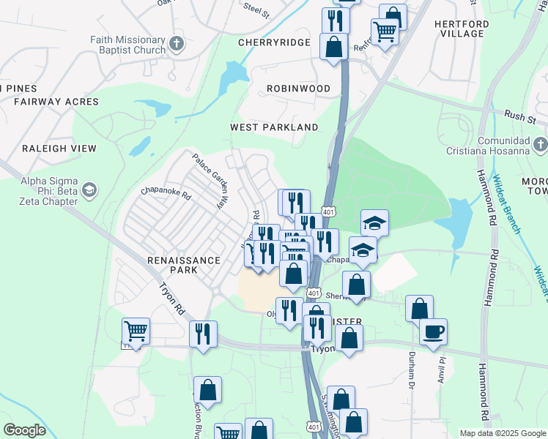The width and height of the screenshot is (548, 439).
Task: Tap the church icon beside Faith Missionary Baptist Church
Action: pos(177,43)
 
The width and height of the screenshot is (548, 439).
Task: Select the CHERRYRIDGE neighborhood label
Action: pos(275,42)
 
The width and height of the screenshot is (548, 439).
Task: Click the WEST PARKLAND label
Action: pos(274,127)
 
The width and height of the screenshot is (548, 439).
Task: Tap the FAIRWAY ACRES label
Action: pos(56,102)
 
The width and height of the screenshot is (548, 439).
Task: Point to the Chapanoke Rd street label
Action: pos(166,196)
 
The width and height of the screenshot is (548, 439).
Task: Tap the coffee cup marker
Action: pos(433,331)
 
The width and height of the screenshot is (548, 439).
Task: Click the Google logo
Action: pos(24,430)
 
